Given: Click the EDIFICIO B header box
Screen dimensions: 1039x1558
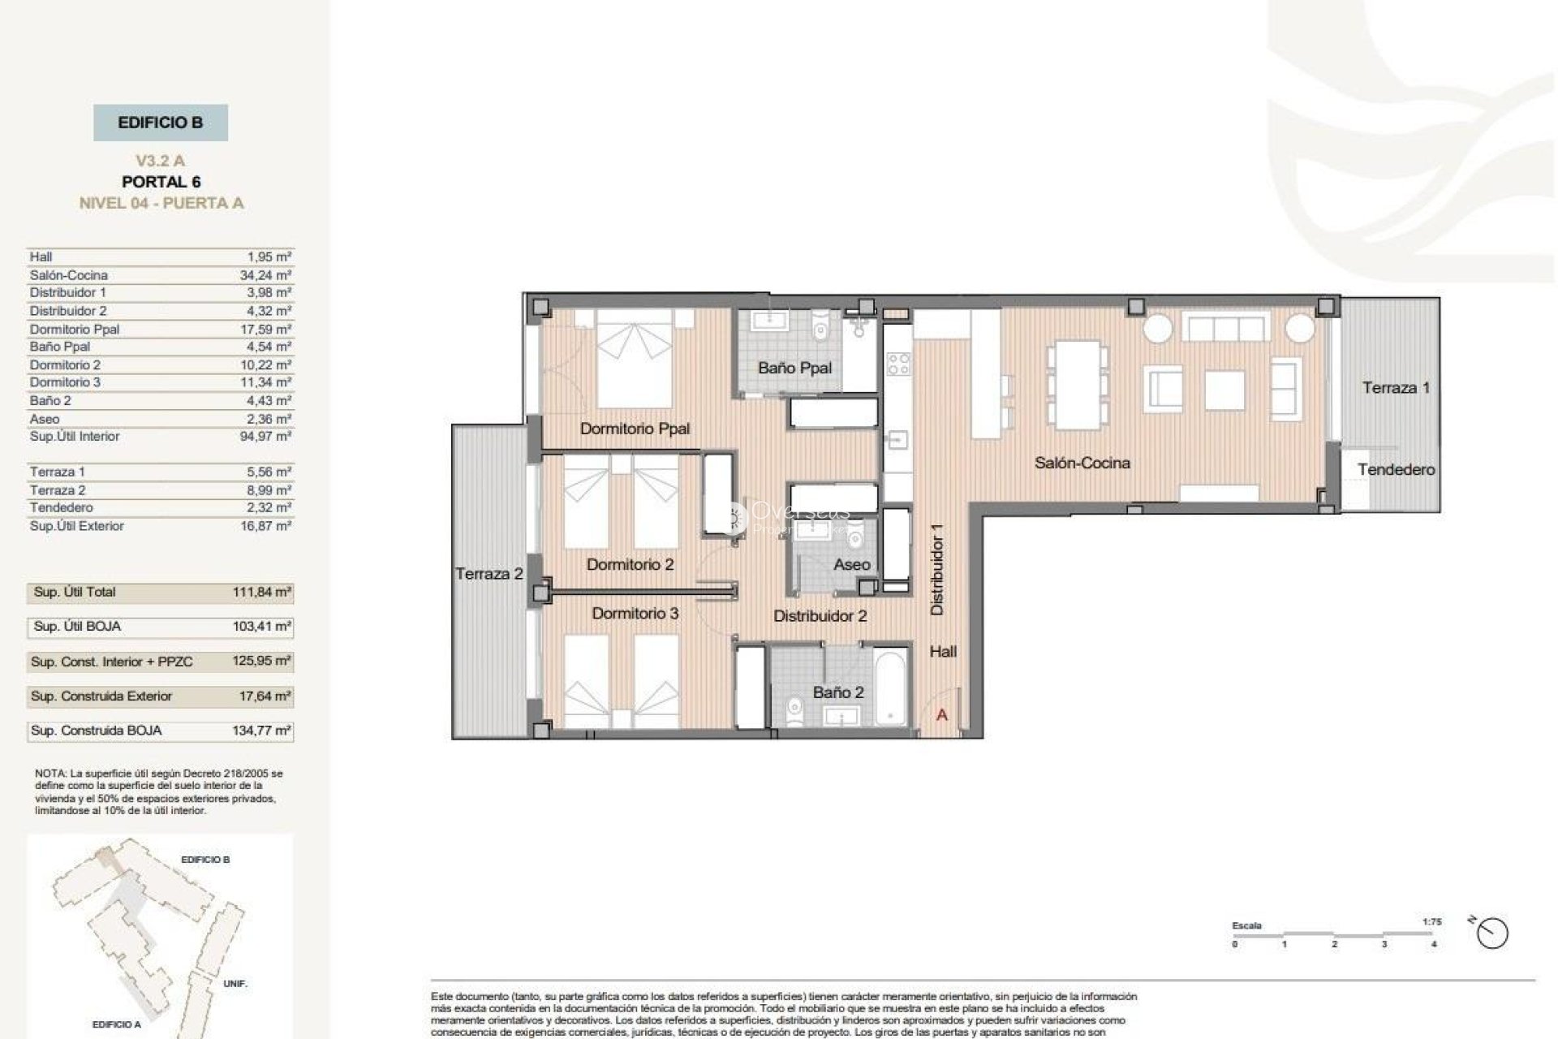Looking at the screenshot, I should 161,123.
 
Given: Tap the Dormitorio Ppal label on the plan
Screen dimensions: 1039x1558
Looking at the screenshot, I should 635,428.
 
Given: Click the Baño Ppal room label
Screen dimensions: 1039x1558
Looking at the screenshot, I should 794,368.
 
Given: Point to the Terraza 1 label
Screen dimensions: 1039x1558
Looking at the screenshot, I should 1396,387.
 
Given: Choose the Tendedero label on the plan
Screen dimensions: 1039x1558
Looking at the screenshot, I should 1396,469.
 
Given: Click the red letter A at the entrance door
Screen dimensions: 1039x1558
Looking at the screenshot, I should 942,715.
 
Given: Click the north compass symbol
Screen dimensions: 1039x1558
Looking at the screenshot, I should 1492,933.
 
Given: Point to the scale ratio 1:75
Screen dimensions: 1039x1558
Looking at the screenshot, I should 1431,922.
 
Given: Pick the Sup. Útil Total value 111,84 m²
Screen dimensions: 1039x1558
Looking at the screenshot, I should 261,592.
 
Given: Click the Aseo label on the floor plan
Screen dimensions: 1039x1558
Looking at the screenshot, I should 851,564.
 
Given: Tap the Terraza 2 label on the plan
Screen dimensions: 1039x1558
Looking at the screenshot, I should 488,574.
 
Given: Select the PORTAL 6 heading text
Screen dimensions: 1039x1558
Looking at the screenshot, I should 161,182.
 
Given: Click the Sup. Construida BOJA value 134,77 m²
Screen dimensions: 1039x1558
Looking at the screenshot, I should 261,731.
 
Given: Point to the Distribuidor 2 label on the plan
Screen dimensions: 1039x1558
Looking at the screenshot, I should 820,616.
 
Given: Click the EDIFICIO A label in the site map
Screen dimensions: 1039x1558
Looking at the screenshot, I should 116,1024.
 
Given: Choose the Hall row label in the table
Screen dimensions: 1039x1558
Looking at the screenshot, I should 41,257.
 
